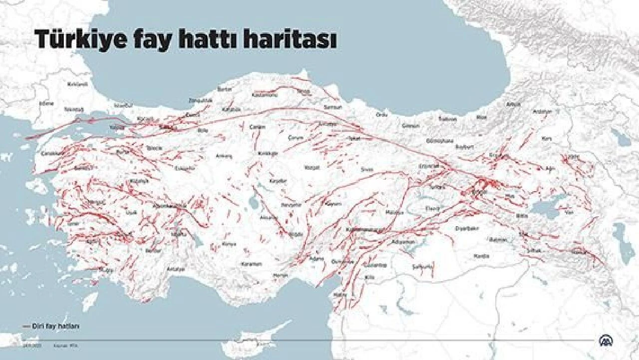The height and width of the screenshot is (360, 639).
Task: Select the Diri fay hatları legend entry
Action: click(56, 326)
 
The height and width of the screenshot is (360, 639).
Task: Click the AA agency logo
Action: click(607, 340)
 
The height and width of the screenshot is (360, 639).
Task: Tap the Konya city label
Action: click(229, 244)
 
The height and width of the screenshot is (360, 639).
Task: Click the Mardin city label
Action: click(481, 256)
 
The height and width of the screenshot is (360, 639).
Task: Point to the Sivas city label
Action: click(367, 170)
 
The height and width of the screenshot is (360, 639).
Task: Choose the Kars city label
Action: click(547, 138)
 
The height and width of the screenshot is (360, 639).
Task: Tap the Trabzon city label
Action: click(447, 119)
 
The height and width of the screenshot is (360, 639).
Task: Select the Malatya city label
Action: click(394, 213)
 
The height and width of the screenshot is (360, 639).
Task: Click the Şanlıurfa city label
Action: click(422, 267)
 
